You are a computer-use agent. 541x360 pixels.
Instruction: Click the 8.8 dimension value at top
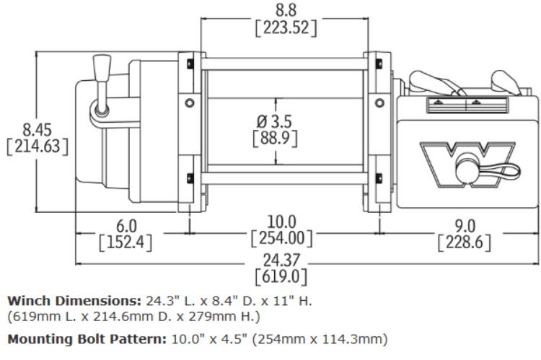coord(286,11)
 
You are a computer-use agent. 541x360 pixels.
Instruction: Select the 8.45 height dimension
coord(38,130)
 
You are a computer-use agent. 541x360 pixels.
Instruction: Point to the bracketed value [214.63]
coord(38,146)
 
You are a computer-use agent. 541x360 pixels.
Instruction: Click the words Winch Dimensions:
coord(69,300)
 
